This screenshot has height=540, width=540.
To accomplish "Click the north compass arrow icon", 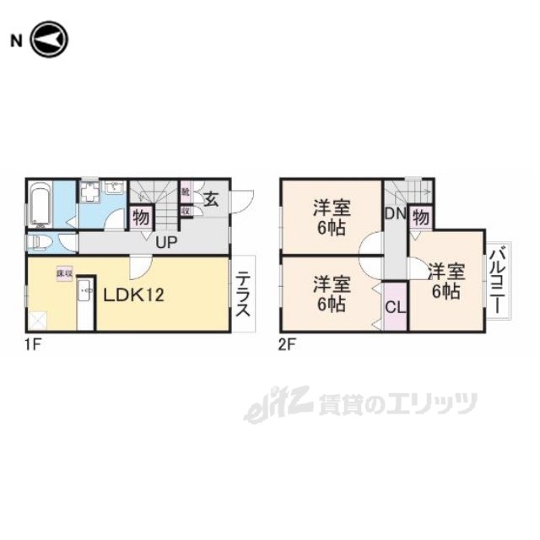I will [x=49, y=40].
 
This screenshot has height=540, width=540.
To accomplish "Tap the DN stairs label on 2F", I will [x=396, y=214].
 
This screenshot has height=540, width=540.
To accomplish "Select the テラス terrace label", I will [x=242, y=294].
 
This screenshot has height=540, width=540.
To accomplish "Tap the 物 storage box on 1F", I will [x=140, y=217].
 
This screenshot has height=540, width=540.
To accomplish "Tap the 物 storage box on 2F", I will [x=421, y=217].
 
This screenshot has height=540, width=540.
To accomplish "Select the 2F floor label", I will [x=288, y=344].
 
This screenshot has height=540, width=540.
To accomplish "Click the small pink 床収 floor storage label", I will [x=63, y=274].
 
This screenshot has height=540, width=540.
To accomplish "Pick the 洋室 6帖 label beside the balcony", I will [x=444, y=282].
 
